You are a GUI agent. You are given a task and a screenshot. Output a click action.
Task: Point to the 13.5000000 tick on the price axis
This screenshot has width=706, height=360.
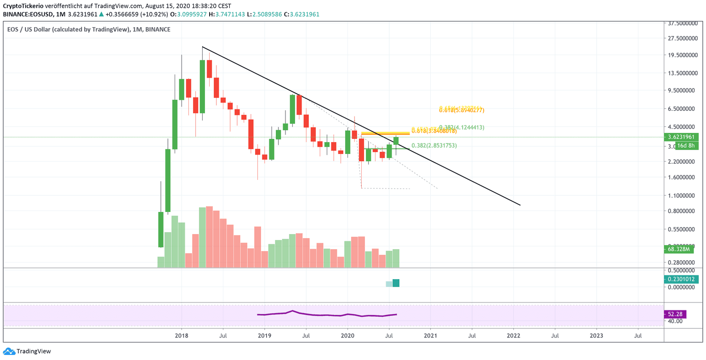click(x=683, y=73)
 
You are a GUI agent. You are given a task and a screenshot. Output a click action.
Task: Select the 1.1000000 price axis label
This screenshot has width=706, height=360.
click(x=683, y=196)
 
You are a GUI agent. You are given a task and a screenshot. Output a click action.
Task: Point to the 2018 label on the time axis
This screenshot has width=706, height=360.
click(x=181, y=336)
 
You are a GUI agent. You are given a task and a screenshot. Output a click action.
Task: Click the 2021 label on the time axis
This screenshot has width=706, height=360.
click(x=431, y=336)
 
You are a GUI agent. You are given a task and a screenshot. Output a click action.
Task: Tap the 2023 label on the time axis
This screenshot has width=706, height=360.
click(x=597, y=336)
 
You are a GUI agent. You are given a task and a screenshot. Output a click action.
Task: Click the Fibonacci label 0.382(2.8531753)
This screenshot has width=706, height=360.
click(x=440, y=146)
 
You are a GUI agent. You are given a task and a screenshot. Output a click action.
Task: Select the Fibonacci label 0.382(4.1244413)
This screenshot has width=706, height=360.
click(x=468, y=127)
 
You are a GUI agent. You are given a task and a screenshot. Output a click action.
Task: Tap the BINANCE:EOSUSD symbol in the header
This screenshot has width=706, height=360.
click(x=27, y=14)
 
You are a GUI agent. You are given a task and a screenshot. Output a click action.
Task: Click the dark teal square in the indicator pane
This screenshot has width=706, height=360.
click(x=396, y=283)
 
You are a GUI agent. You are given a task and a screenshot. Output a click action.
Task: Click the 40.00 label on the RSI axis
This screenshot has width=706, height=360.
click(x=675, y=321)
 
